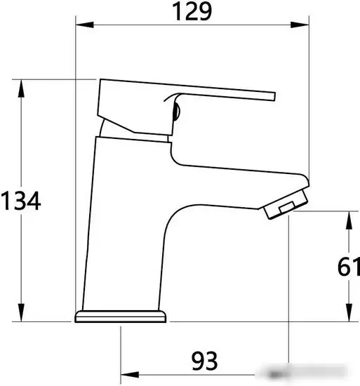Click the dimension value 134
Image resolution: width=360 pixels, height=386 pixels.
click(21, 201)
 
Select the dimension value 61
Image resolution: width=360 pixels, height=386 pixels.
click(349, 267)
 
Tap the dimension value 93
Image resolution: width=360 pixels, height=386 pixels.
click(204, 362)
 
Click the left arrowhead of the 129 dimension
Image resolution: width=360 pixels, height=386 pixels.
click(81, 27)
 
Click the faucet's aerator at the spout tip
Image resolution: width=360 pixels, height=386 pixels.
click(286, 204)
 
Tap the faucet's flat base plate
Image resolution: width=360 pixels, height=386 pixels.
click(121, 317)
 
